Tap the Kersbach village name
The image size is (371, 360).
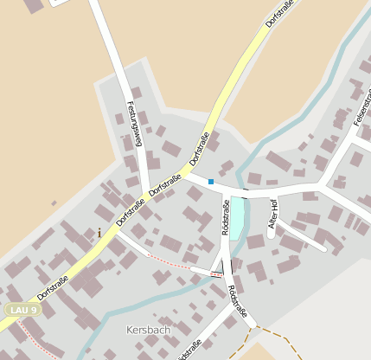click(148, 330)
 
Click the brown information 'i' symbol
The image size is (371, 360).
click(99, 233)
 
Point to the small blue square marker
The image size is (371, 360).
click(210, 182)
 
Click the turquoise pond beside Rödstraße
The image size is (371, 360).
click(236, 217)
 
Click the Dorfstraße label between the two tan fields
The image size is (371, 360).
click(280, 13)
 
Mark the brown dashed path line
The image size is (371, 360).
click(277, 337)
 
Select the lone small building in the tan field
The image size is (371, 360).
click(54, 204)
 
